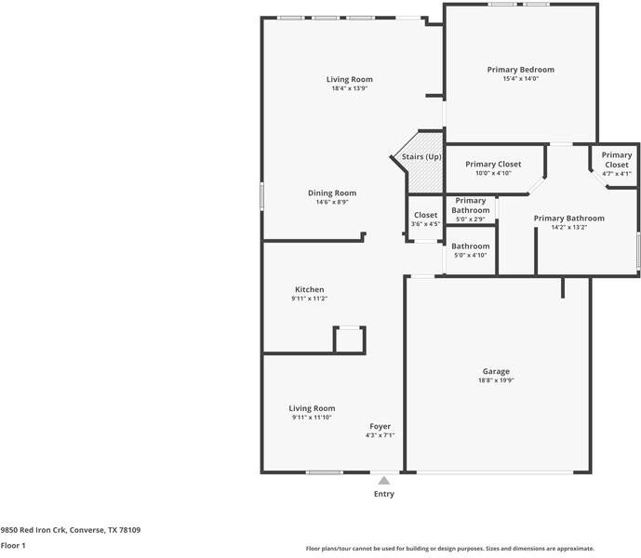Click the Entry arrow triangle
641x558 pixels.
pos(384,481)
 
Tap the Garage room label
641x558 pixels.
pos(496,371)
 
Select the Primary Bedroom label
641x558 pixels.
pos(521,70)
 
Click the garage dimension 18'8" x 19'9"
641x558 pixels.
pos(496,380)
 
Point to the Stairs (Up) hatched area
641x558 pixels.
pos(425,176)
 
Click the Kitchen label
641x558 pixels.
pos(310,289)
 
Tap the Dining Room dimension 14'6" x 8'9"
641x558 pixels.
pos(332,202)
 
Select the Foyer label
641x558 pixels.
pos(381,426)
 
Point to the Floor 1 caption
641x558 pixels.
pos(13,545)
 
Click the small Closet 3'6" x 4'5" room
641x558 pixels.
pos(425,219)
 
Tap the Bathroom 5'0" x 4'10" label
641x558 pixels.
pos(471,250)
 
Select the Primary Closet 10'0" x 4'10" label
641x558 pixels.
pos(493,168)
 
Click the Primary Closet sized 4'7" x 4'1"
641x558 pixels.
pos(617,164)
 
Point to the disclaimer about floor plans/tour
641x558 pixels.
pos(450,549)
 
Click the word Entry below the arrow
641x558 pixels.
pos(384,494)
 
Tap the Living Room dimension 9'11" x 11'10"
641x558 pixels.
pos(312,418)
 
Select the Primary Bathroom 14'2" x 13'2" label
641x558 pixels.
pos(569,222)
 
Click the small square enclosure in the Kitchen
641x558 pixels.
pos(350,339)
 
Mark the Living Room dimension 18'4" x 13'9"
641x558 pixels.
pos(350,88)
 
